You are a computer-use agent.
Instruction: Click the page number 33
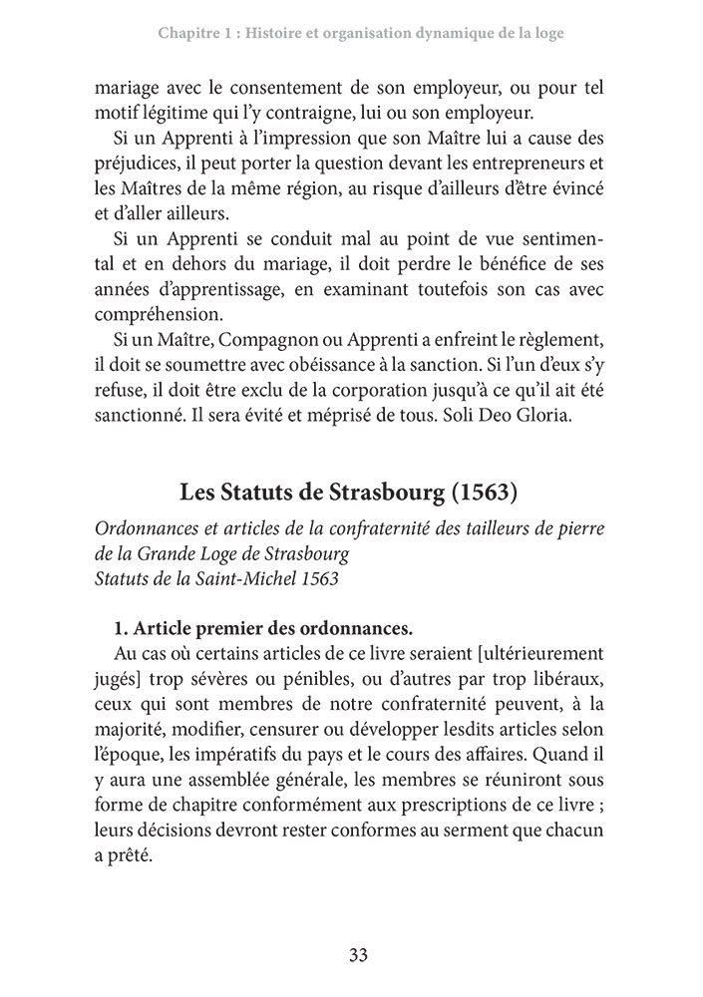tap(359, 954)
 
